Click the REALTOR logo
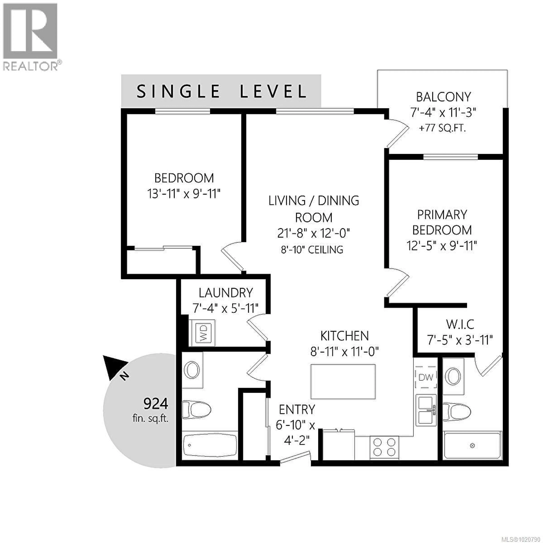[x=31, y=36]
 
